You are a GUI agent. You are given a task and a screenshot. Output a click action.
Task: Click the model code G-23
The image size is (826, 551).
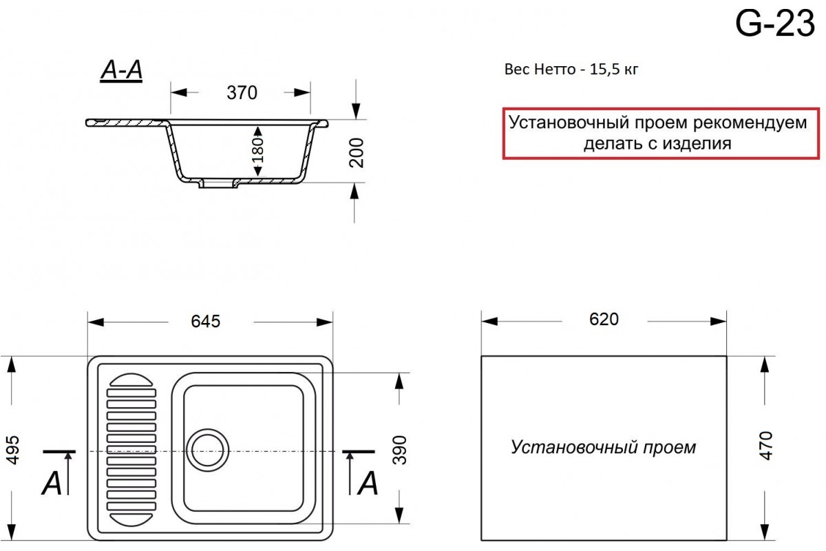tap(775, 23)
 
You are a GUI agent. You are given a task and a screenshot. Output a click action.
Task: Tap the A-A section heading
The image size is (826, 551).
tap(121, 70)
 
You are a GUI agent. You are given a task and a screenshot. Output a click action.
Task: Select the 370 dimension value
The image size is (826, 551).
tap(242, 92)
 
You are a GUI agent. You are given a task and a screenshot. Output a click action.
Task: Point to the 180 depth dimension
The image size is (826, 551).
tap(258, 151)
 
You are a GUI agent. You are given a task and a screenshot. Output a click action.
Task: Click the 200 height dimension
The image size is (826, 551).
tap(357, 153)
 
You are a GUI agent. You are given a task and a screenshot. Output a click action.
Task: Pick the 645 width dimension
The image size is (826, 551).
tap(205, 322)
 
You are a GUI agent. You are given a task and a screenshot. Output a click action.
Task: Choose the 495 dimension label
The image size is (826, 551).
tap(13, 450)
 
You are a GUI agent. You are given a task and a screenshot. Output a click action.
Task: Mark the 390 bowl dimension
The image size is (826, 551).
tap(399, 450)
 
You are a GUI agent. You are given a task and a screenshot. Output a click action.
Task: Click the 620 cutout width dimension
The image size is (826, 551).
tap(604, 320)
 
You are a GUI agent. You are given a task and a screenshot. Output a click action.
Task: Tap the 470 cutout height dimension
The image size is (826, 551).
tap(766, 446)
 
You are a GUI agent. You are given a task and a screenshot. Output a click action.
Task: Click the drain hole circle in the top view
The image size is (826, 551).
tap(208, 450)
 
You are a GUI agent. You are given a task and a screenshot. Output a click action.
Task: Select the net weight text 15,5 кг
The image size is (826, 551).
tap(614, 70)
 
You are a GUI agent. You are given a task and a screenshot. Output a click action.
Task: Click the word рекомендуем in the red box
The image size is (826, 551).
tap(750, 123)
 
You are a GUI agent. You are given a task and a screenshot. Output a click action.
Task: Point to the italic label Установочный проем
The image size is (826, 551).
tap(603, 447)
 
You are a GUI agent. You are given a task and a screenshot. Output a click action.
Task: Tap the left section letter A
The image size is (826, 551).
tap(51, 483)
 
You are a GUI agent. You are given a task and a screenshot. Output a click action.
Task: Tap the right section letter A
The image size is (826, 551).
tap(368, 483)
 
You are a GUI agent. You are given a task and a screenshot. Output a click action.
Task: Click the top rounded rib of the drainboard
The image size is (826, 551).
tap(131, 380)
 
